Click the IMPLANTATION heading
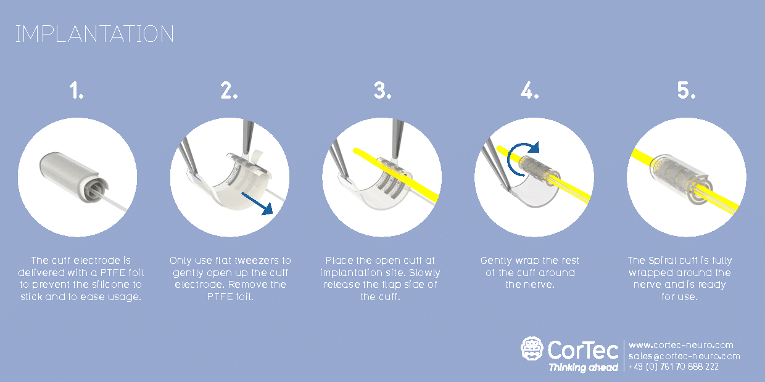94,34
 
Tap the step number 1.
76,91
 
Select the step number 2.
229,91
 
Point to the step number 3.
382,91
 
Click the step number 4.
530,91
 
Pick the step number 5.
686,91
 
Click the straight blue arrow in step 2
257,203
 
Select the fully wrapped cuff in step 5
680,180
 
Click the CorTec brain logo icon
532,349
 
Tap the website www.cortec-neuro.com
680,345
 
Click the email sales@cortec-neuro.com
684,356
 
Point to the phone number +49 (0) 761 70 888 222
674,367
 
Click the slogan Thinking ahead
584,367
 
